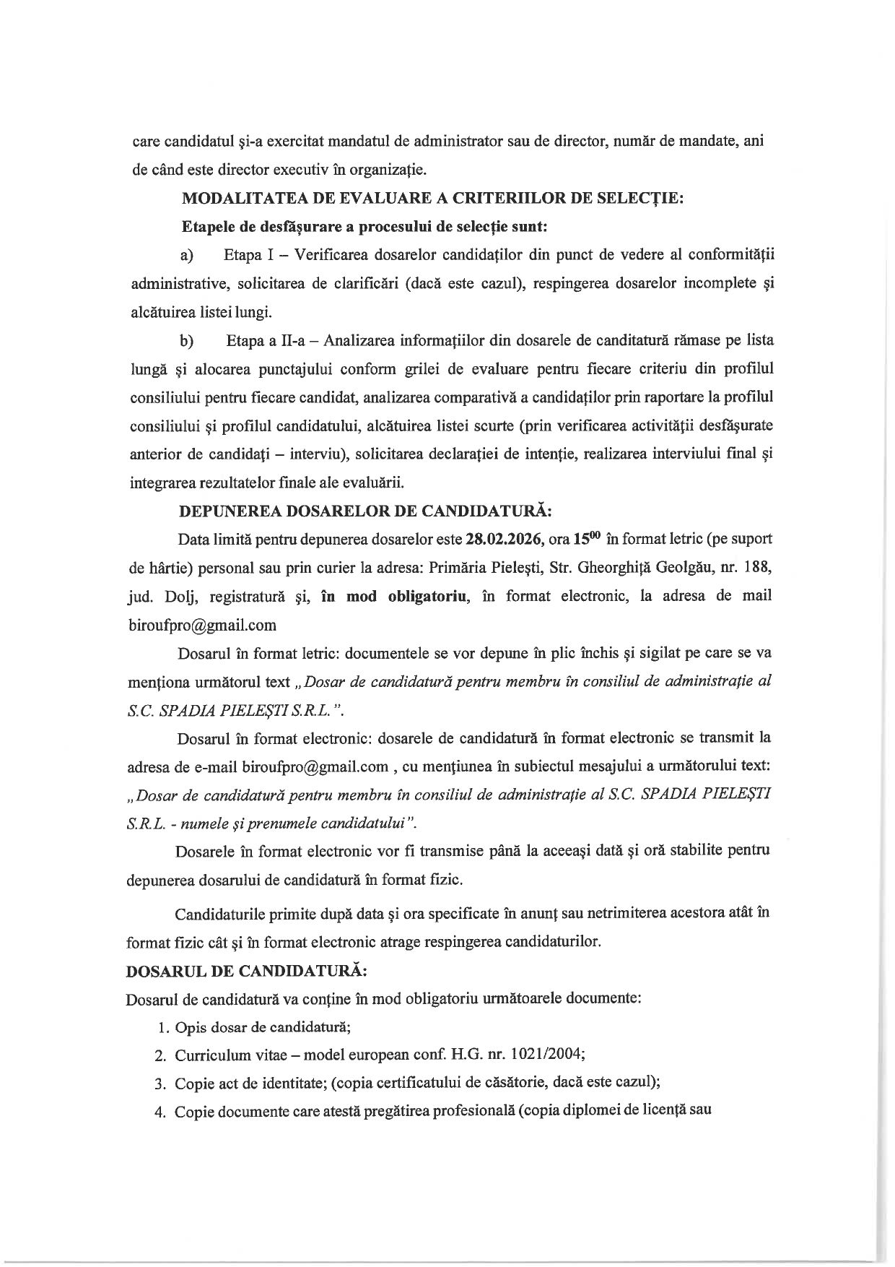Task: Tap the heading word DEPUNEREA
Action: coord(230,511)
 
